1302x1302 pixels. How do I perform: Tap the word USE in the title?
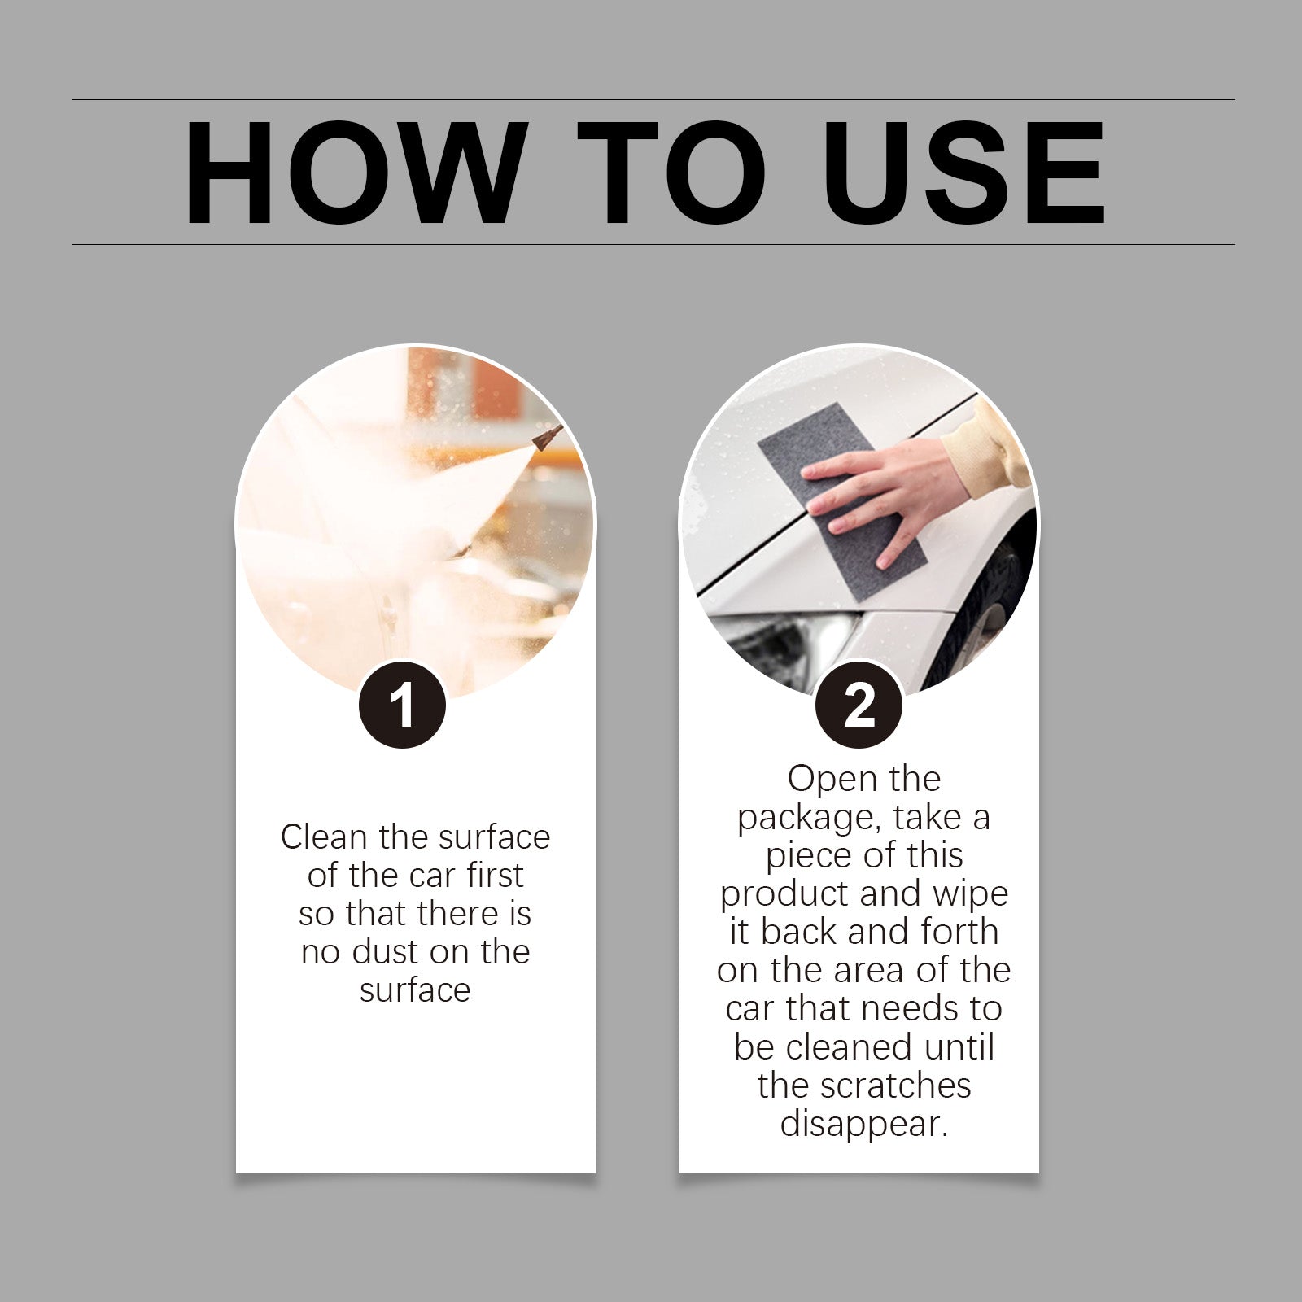pyautogui.click(x=964, y=173)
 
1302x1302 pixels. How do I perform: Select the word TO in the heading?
pyautogui.click(x=672, y=173)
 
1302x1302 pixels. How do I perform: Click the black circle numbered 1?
pyautogui.click(x=402, y=705)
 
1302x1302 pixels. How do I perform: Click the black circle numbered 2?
pyautogui.click(x=859, y=705)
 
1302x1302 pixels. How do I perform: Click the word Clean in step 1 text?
pyautogui.click(x=323, y=837)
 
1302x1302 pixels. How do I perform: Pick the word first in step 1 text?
pyautogui.click(x=495, y=876)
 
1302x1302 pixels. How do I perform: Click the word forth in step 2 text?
pyautogui.click(x=959, y=932)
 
